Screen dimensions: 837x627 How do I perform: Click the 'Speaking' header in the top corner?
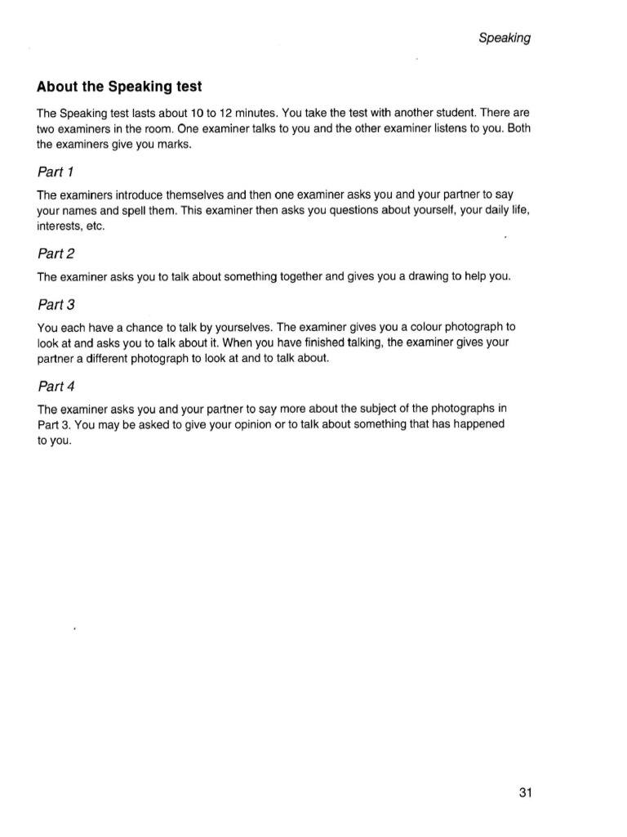(505, 38)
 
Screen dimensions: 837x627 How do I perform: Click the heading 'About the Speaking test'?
(119, 87)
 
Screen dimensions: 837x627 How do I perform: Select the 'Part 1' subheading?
(56, 172)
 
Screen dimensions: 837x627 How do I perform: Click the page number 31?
(525, 792)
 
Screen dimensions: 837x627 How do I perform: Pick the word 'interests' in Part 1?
(62, 227)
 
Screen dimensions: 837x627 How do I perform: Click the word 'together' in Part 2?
(301, 277)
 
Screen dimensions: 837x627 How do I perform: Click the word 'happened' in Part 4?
(480, 424)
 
